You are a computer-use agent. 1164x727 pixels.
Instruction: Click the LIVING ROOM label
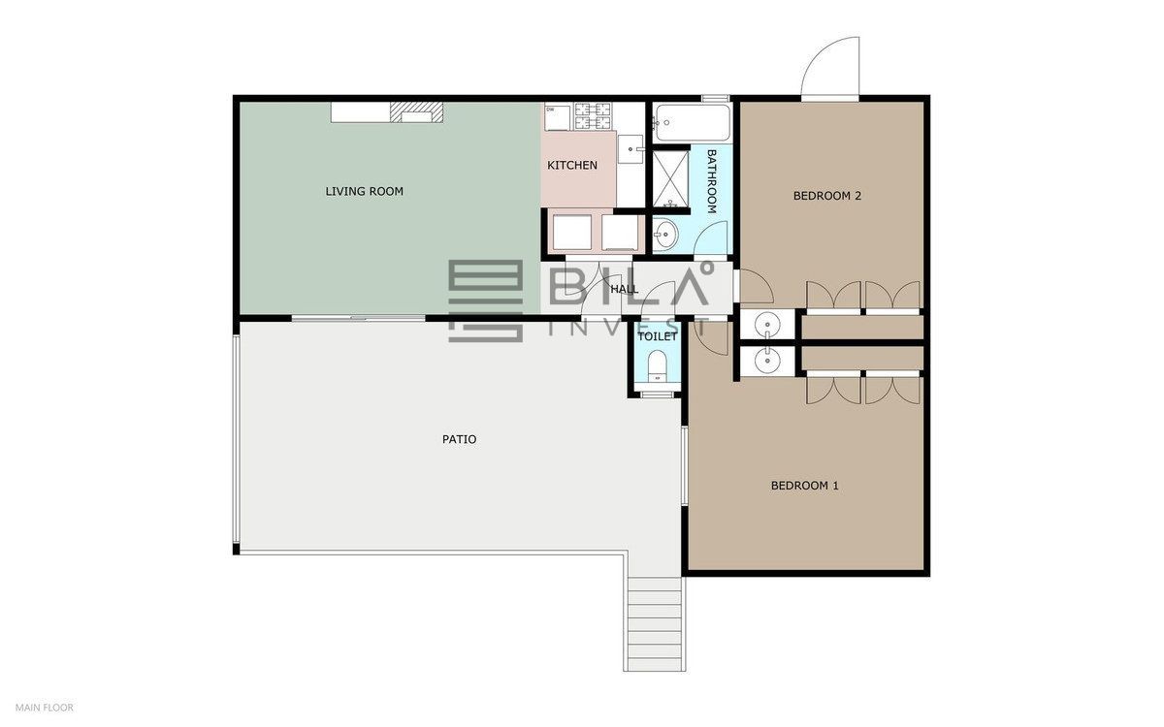365,191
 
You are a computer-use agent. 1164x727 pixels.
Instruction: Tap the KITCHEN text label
572,165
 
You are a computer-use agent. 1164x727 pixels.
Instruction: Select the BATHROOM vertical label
712,181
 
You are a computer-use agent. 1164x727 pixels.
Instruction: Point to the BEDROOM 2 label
827,196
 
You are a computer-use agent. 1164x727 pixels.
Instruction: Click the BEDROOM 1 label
804,486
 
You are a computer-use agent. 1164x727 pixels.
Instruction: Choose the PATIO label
459,439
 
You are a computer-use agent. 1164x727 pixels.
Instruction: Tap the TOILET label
658,336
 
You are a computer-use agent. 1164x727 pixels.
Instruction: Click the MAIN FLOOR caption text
45,708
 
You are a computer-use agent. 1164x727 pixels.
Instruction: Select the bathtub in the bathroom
693,122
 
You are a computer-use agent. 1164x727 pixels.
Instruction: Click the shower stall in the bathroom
671,178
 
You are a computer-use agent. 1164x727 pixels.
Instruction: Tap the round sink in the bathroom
664,235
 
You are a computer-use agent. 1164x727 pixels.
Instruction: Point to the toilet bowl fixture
658,365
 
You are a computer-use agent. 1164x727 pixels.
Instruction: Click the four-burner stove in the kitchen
593,115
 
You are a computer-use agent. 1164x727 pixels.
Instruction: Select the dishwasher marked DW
558,117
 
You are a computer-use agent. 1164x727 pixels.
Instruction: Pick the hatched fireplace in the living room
417,112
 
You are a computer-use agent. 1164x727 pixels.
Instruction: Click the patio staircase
655,623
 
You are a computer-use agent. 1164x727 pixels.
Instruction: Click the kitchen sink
630,149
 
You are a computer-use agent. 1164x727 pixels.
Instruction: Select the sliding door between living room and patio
359,318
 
